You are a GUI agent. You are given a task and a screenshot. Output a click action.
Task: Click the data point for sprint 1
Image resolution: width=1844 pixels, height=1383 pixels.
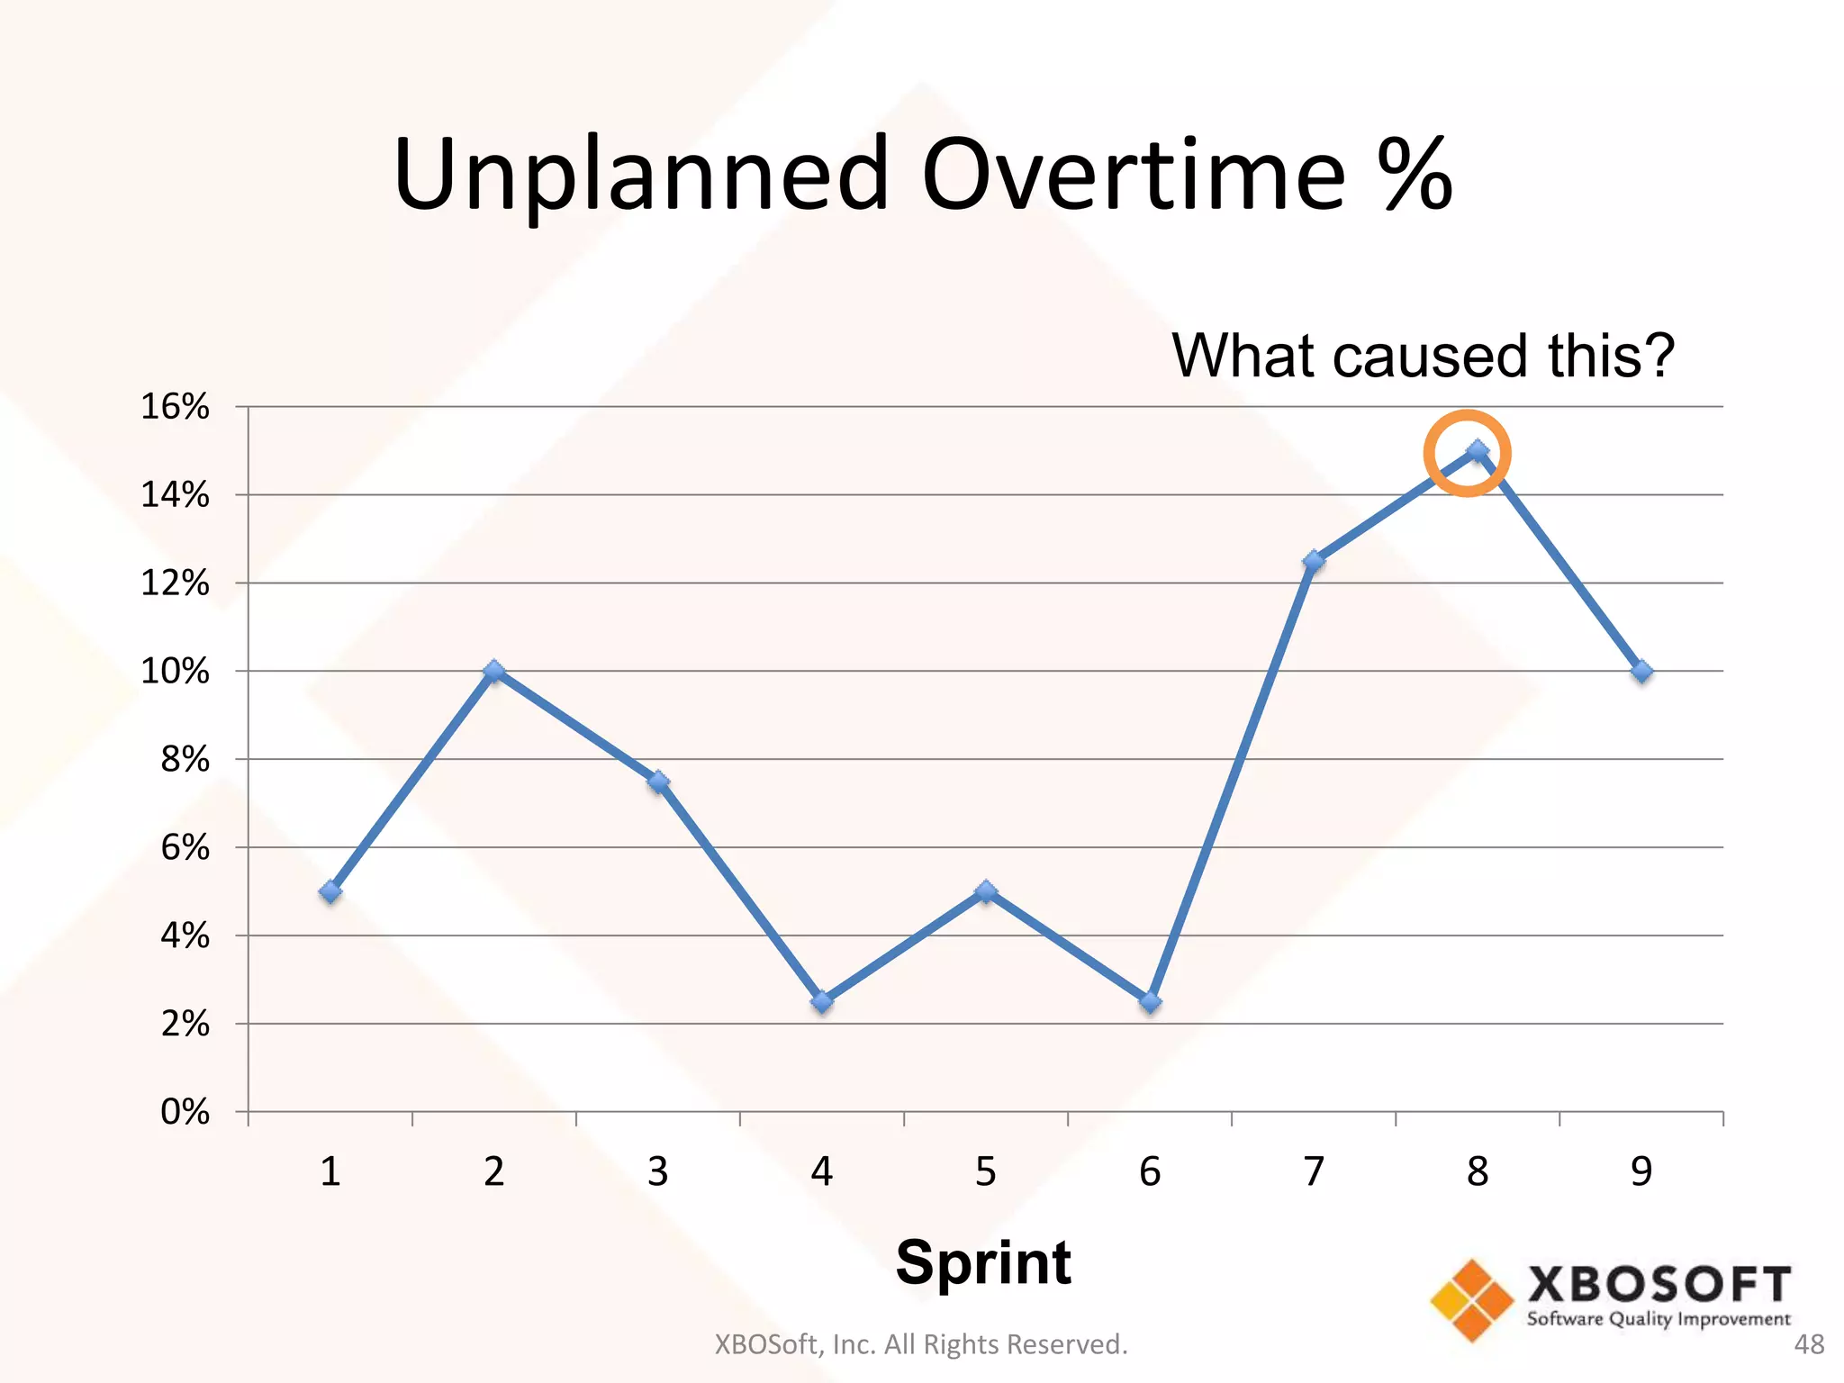point(330,891)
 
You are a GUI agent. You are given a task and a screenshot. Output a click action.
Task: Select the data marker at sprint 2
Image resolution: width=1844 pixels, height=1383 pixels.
point(494,671)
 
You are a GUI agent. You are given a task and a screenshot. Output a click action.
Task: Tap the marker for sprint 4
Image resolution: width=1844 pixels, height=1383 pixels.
point(822,1001)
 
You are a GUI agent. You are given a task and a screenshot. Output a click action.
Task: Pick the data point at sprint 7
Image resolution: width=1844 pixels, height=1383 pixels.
point(1314,561)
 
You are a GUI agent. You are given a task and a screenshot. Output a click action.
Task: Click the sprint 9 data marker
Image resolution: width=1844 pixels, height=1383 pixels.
point(1641,672)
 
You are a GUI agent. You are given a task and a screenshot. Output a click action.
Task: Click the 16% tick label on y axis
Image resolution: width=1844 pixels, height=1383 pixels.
point(176,407)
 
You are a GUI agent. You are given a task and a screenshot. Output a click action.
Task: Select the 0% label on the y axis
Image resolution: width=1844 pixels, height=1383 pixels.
point(185,1112)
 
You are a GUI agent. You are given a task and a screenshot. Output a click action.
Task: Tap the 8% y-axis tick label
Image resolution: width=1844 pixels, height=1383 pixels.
point(185,760)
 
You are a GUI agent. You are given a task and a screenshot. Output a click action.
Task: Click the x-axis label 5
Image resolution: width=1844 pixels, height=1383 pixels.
point(986,1171)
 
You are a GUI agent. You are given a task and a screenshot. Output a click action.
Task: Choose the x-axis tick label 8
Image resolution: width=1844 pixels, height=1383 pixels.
point(1478,1171)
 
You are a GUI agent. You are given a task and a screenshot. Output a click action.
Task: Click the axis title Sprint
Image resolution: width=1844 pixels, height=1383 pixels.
point(983,1262)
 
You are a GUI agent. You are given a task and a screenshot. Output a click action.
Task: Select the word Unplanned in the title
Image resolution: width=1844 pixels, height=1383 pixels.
point(641,176)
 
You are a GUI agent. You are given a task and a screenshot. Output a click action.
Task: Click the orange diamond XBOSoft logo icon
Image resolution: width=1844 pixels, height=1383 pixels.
point(1472,1300)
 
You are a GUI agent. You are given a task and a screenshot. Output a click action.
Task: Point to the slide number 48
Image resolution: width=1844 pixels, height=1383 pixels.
point(1809,1344)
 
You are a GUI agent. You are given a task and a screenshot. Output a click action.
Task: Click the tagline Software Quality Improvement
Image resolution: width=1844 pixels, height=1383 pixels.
point(1659,1319)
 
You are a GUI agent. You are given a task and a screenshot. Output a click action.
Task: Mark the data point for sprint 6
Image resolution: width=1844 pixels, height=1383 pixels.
point(1150,1001)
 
